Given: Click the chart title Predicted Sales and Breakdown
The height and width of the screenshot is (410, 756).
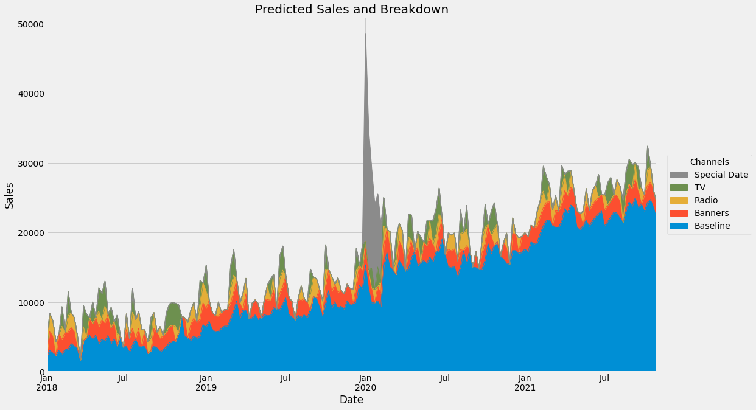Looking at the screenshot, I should pos(351,9).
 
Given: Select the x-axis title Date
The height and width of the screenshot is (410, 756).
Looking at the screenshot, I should pos(351,400).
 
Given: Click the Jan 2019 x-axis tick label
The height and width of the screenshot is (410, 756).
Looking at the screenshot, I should pos(206,383).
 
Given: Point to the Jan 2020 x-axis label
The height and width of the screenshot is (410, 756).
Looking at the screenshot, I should pos(365,383).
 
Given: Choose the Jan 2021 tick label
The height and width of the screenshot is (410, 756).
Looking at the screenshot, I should pos(525,383).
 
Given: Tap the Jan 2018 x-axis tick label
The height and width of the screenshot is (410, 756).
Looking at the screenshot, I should pos(47,383).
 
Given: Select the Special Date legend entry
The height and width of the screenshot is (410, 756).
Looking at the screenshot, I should pos(722,175).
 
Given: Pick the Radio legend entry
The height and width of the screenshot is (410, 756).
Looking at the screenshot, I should pos(709,200).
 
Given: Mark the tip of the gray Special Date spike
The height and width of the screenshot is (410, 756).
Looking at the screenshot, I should pos(365,33).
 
